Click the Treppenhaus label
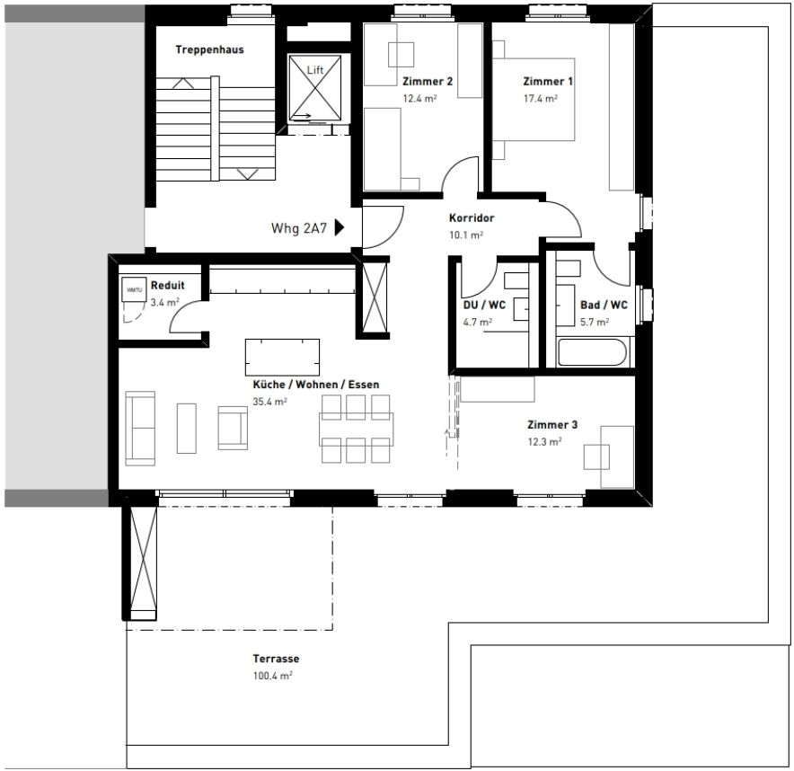(x=209, y=50)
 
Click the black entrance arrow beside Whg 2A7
(x=339, y=227)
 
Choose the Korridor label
(x=472, y=218)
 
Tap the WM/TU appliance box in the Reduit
(x=134, y=289)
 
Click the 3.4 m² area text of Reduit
(x=165, y=302)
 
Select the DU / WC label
(x=484, y=305)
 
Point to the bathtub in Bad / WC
(x=593, y=351)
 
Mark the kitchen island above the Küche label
(x=282, y=357)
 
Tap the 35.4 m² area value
(x=270, y=402)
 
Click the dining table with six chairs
(x=357, y=430)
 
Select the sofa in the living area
(x=139, y=428)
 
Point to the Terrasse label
(x=276, y=659)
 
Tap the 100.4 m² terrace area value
(x=273, y=675)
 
